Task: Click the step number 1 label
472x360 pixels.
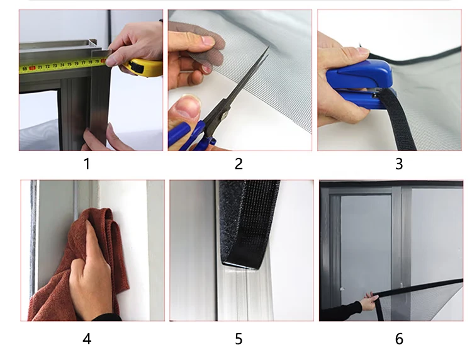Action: [87, 164]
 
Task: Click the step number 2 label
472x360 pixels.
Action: [239, 164]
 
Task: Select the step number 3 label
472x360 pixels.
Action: [399, 164]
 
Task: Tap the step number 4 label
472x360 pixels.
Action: [87, 339]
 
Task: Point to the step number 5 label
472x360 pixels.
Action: [239, 339]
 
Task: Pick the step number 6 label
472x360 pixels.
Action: [399, 339]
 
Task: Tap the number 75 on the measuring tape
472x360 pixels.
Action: [69, 64]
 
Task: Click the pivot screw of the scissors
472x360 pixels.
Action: [224, 114]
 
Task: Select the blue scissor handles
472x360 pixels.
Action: [193, 136]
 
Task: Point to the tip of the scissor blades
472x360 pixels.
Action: [268, 46]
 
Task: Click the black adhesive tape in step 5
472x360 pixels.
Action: [249, 223]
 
